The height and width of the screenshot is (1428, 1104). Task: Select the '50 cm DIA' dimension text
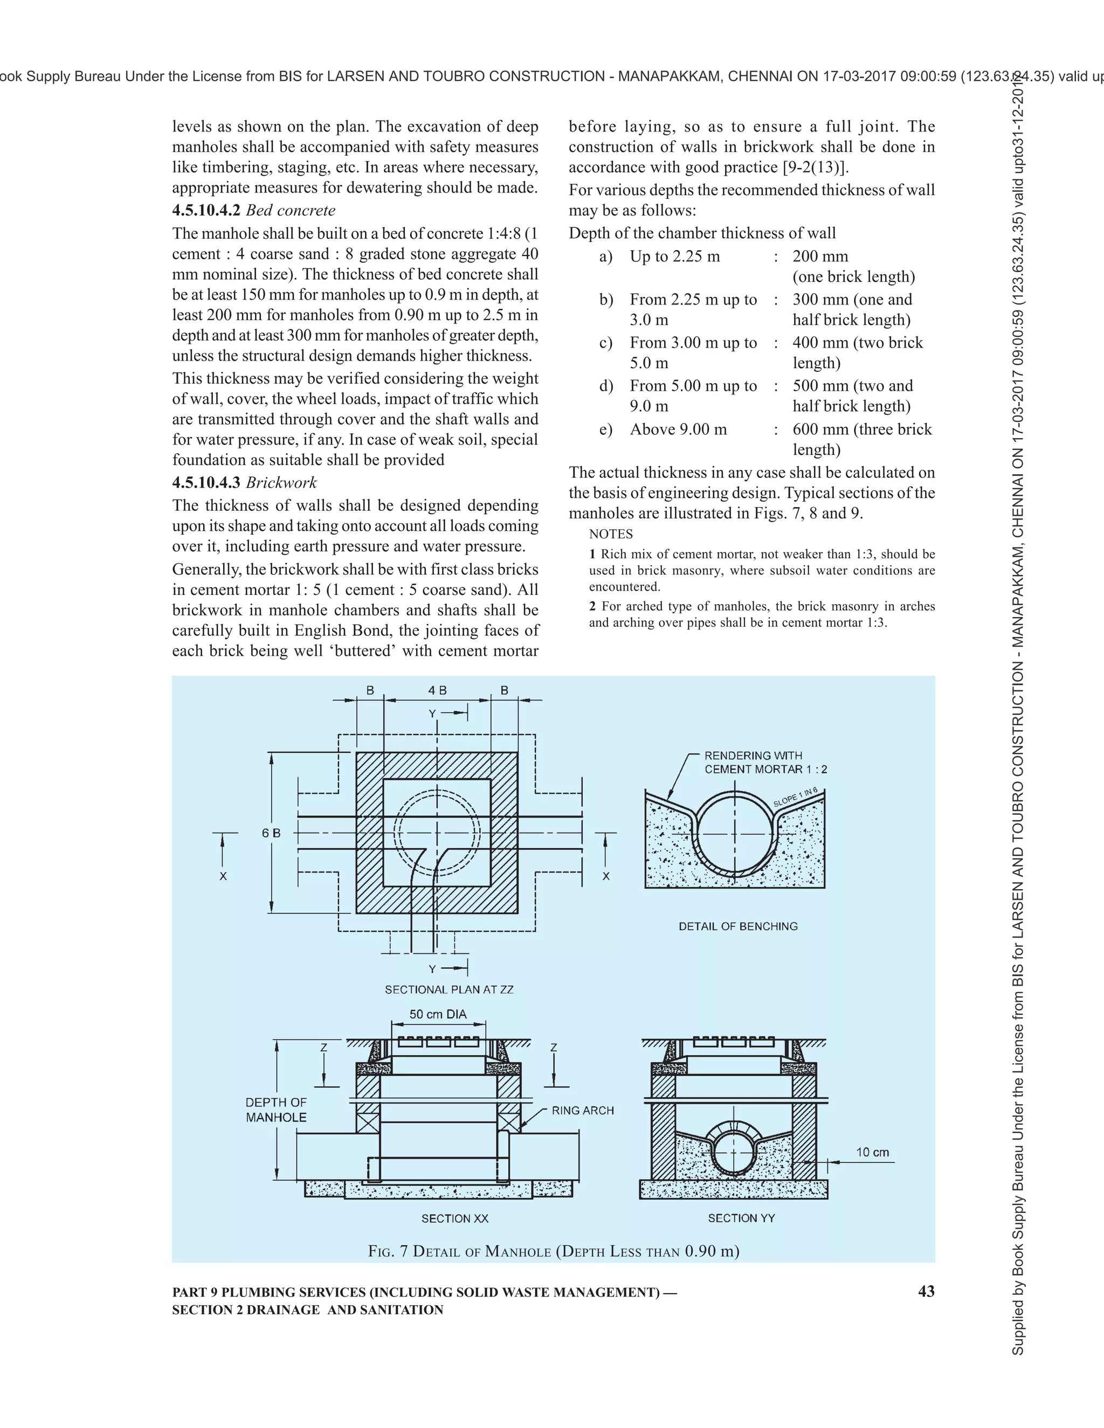(x=438, y=1014)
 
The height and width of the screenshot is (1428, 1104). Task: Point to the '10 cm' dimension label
(x=873, y=1152)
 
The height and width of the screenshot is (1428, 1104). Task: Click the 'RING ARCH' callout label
(x=583, y=1110)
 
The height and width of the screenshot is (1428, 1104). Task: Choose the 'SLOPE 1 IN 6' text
(x=795, y=797)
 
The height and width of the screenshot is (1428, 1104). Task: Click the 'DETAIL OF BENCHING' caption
(x=738, y=926)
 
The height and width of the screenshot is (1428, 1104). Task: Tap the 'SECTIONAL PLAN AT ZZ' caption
(x=450, y=989)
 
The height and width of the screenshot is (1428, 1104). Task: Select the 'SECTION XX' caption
(x=454, y=1218)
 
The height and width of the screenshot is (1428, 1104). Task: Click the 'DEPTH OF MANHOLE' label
(x=276, y=1110)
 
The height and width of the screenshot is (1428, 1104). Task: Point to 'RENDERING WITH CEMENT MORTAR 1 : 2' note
(x=765, y=762)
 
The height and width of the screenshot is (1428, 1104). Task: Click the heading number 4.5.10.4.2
(x=206, y=211)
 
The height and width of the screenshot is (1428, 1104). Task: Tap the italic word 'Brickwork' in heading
(x=281, y=482)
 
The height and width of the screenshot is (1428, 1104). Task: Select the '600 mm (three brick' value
(x=862, y=429)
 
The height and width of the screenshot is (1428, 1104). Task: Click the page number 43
(x=926, y=1291)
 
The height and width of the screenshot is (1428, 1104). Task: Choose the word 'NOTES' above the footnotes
(x=611, y=534)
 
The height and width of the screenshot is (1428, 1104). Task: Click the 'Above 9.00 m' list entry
(x=678, y=429)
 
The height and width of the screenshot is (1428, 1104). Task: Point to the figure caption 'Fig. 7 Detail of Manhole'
(x=553, y=1251)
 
